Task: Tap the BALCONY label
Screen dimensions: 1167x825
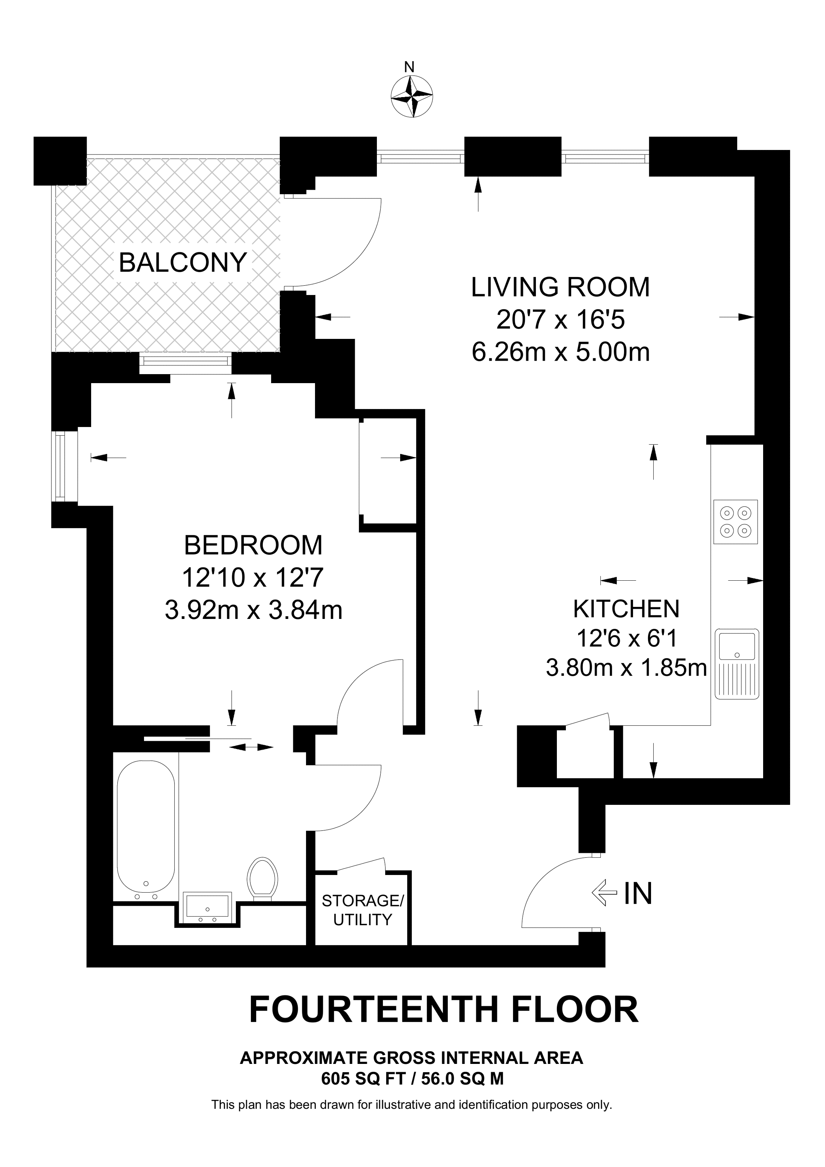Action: [x=183, y=263]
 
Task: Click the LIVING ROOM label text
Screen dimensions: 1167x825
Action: [x=560, y=287]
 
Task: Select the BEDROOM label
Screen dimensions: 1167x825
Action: [x=253, y=545]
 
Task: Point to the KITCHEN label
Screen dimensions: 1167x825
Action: [x=626, y=608]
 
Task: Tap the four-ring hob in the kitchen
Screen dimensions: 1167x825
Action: [x=735, y=521]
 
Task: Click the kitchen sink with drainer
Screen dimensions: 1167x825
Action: [x=736, y=663]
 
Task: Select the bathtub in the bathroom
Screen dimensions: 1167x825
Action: [x=146, y=832]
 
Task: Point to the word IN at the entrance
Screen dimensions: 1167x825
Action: [x=638, y=893]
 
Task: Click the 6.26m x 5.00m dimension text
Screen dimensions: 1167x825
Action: [x=561, y=352]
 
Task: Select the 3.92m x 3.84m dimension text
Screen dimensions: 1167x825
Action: [x=253, y=610]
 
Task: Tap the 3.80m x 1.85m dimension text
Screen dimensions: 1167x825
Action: [x=626, y=667]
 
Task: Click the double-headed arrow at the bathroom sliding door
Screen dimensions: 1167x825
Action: [x=251, y=747]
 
